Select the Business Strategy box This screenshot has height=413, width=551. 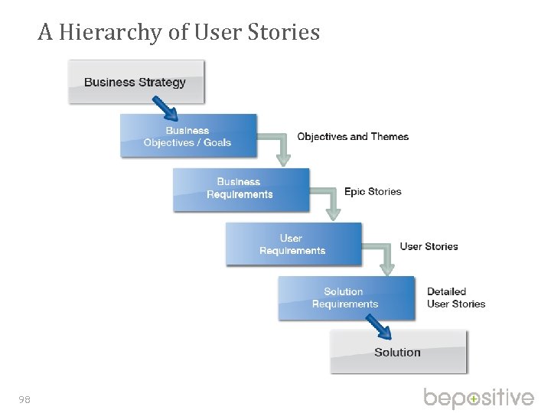135,82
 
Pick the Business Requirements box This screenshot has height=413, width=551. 240,189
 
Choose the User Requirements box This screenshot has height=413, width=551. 292,244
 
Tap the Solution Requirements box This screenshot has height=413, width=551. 344,298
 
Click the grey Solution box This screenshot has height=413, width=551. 398,353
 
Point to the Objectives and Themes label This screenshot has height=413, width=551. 353,137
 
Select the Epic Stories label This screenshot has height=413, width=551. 373,191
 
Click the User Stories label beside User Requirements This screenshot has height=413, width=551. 429,246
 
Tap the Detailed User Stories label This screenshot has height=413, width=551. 456,298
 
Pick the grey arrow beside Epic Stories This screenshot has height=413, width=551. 331,203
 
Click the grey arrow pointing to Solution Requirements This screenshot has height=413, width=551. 384,258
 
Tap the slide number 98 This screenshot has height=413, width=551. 24,398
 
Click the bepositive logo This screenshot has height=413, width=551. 479,398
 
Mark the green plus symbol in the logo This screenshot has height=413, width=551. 474,399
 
